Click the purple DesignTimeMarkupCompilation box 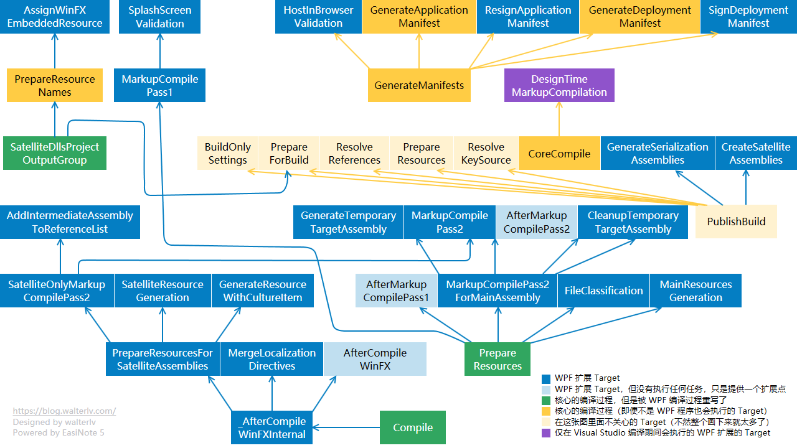click(x=559, y=85)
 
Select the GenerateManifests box click(x=419, y=85)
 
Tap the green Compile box click(x=413, y=427)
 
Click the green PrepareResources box click(x=498, y=359)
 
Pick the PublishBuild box click(x=736, y=222)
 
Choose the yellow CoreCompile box click(x=559, y=154)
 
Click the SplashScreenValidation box click(x=160, y=17)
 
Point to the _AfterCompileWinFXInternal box click(x=272, y=427)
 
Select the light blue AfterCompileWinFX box click(x=375, y=359)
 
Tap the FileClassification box click(x=603, y=291)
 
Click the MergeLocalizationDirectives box click(x=272, y=359)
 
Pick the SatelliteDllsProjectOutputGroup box click(x=55, y=153)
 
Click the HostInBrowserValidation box click(x=318, y=17)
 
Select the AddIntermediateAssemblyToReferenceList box click(x=70, y=222)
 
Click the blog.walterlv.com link click(x=64, y=411)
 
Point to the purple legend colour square click(x=546, y=433)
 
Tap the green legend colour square click(x=546, y=400)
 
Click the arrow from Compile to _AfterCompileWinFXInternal click(x=346, y=427)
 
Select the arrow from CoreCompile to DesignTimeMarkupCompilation click(x=559, y=119)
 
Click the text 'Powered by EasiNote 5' click(x=59, y=432)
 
